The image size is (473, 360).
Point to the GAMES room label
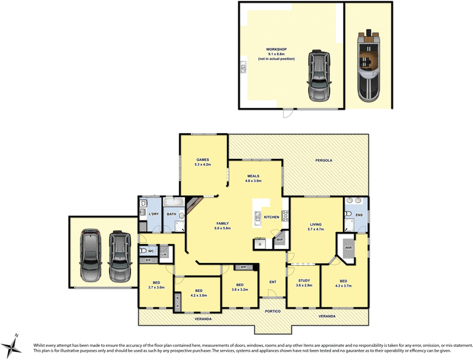point(203,160)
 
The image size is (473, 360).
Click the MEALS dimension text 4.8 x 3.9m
point(254,181)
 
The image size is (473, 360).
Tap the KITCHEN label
point(271,218)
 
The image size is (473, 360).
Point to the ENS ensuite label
point(359,215)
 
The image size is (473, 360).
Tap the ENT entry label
point(273,282)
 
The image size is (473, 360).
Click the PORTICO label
point(273,311)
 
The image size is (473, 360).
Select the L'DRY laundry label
point(152,213)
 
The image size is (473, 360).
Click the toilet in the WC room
point(144,252)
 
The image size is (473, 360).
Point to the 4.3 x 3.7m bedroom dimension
point(344,286)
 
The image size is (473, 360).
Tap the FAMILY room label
point(222,223)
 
